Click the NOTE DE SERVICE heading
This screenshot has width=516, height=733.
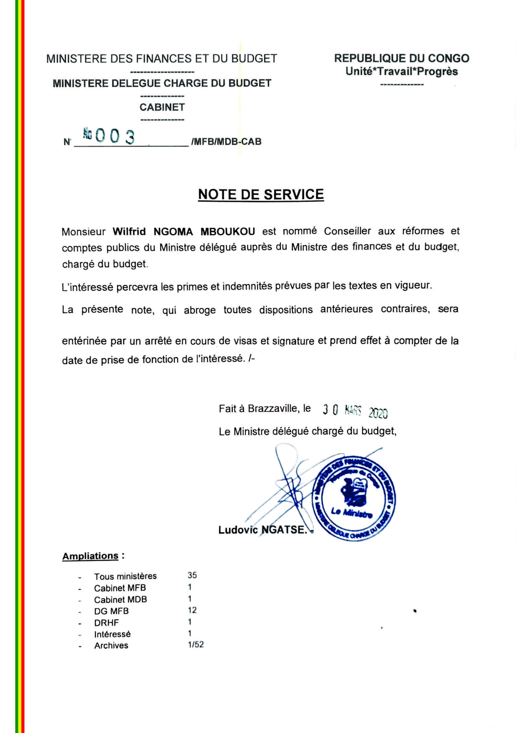pos(261,194)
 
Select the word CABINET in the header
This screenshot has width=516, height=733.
pos(162,107)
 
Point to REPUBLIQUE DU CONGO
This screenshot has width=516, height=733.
pos(402,59)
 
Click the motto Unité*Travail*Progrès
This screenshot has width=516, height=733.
pos(402,71)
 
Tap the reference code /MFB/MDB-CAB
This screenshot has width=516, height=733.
pos(226,142)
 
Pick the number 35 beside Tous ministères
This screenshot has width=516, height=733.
pos(192,575)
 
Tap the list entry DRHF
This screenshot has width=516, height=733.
pos(106,623)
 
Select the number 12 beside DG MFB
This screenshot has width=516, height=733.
pos(192,610)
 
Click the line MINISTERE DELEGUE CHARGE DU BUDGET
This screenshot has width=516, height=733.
pos(162,83)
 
